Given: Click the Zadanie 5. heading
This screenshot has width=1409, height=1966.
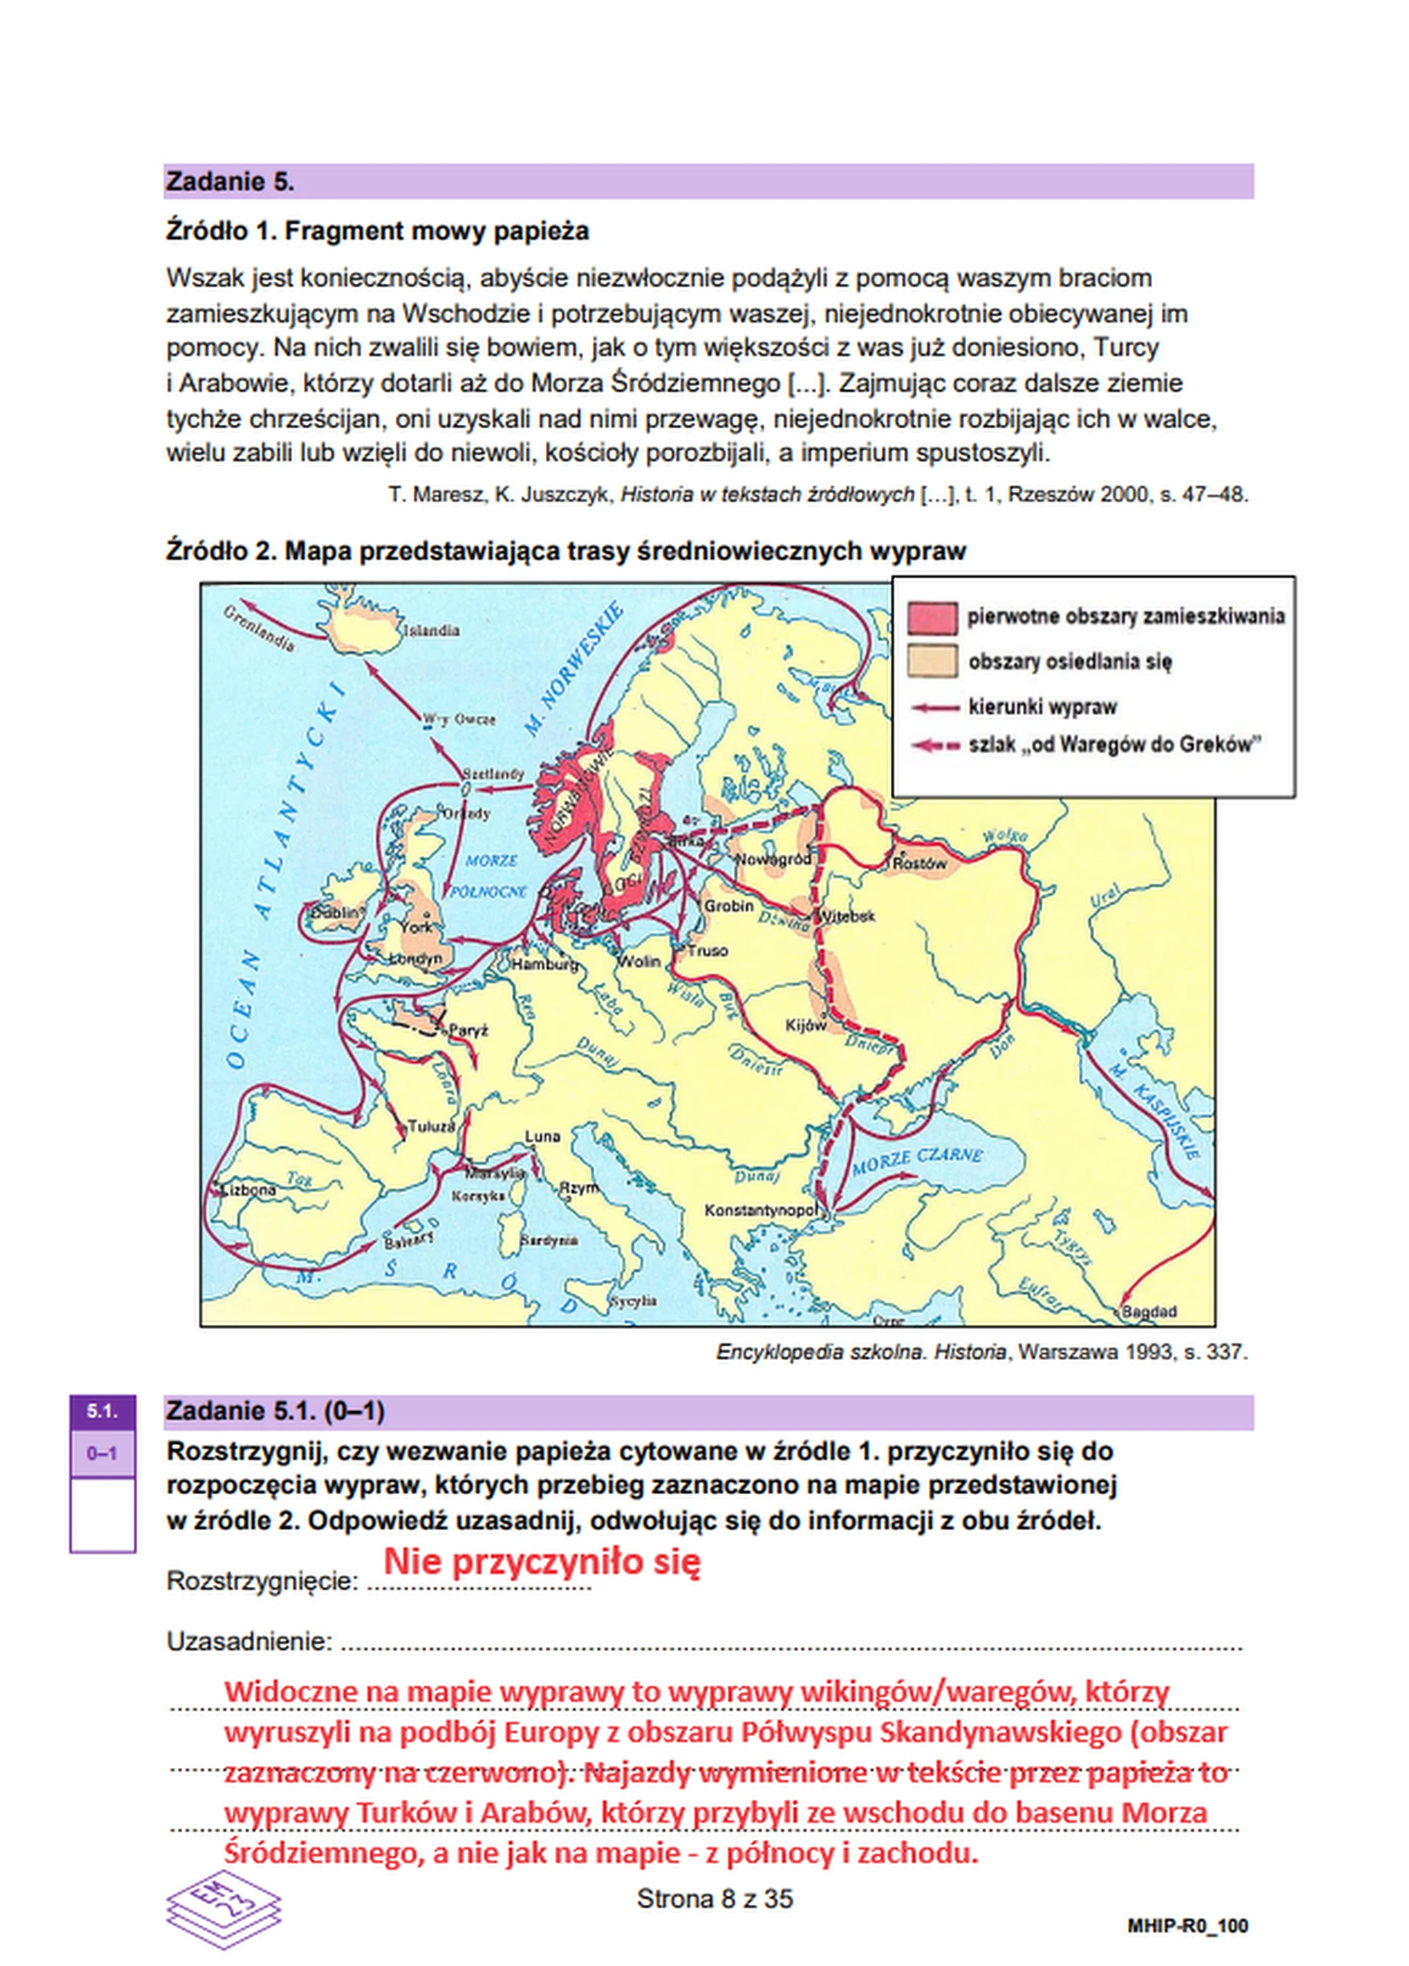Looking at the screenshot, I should point(230,181).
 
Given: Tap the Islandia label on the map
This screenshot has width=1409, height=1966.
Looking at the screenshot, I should point(432,630).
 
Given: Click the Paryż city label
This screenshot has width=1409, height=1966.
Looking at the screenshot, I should point(468,1031).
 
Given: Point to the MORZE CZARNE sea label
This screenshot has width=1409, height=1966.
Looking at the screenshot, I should point(917,1159).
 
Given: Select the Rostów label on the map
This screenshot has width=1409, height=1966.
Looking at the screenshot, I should point(920,863).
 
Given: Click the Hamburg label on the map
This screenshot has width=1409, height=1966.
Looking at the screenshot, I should point(544,964).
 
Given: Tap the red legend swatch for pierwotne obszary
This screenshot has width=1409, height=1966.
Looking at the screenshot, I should point(932,618).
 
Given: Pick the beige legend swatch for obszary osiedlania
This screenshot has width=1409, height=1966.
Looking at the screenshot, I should point(932,662).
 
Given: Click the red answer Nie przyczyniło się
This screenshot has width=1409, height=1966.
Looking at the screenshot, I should point(542,1561).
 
